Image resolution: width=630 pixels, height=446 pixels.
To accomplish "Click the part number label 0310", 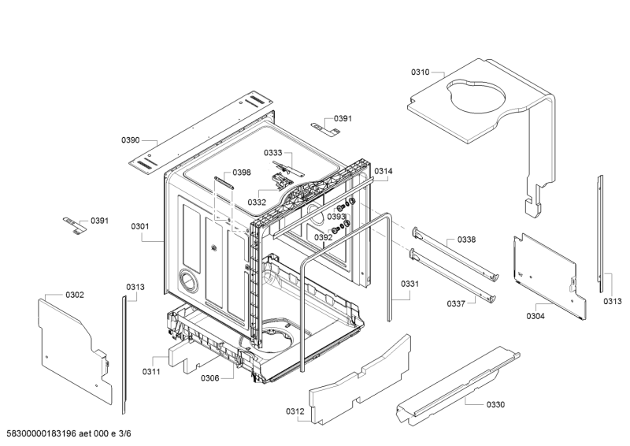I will click(x=420, y=72).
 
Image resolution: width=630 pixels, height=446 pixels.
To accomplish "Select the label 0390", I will click(x=130, y=140).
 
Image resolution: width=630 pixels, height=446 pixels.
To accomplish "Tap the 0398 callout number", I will click(x=242, y=173).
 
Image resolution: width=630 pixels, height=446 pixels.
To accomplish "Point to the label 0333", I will click(x=272, y=153).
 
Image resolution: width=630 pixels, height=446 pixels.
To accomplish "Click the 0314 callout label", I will click(x=384, y=171).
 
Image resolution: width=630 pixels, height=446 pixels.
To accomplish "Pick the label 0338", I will click(x=466, y=240).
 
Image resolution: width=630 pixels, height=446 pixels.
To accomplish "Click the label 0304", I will click(x=535, y=316).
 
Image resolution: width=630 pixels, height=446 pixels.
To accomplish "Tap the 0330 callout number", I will click(x=495, y=404).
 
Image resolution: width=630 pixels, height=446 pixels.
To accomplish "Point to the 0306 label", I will click(x=209, y=378).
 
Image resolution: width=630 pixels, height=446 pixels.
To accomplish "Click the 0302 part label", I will click(x=75, y=295).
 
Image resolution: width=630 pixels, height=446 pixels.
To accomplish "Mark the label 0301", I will click(x=140, y=227).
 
